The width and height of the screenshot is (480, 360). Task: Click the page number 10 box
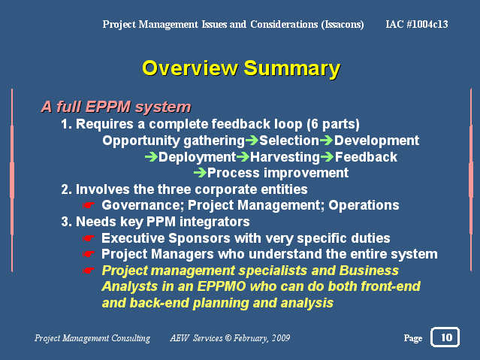(x=445, y=337)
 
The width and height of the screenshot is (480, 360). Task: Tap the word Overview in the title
(x=190, y=68)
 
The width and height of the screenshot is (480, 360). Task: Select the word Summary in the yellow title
(x=291, y=69)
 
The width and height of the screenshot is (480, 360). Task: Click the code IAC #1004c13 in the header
(x=417, y=24)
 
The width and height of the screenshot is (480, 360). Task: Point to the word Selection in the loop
(x=289, y=141)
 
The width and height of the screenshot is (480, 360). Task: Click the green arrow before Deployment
(x=151, y=157)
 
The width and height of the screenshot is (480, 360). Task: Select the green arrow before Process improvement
(x=201, y=173)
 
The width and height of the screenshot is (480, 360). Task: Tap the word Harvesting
(x=285, y=157)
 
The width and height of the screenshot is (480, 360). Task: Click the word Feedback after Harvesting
(x=366, y=157)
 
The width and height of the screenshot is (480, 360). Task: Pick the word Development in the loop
(x=376, y=141)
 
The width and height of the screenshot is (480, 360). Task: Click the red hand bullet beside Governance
(x=88, y=205)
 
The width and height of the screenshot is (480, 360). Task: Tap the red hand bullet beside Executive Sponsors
(x=88, y=238)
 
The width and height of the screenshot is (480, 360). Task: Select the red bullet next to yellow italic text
(x=88, y=271)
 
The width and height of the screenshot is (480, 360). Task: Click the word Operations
(x=364, y=206)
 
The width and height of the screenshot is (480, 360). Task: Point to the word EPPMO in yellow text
(x=222, y=286)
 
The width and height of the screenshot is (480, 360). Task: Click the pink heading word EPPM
(x=107, y=107)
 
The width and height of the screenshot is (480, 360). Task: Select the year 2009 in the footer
(x=281, y=338)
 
